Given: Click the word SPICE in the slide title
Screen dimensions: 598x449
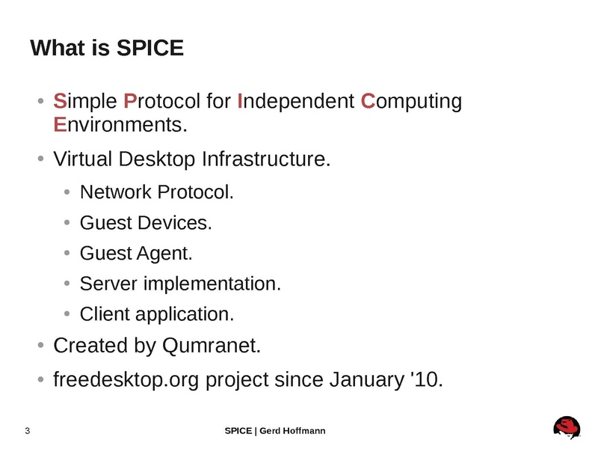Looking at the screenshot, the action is coord(150,48).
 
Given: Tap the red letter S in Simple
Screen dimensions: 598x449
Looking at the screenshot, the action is coord(60,101).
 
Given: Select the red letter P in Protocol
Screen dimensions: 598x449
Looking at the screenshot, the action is coord(129,101).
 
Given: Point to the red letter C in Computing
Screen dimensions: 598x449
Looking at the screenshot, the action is coord(368,101).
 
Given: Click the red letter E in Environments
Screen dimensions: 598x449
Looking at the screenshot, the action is coord(60,124).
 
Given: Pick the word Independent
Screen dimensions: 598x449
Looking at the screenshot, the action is coord(295,101).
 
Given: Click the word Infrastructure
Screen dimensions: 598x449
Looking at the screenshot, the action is coord(266,159).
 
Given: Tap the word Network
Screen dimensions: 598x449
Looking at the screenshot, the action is coord(116,192).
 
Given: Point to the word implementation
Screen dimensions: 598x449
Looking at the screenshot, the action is coord(212,284).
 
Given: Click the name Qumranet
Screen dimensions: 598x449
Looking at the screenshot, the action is coord(212,346).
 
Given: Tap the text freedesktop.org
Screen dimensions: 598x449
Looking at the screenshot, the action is coord(126,380).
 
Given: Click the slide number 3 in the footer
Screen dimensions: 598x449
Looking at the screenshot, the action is coord(28,431).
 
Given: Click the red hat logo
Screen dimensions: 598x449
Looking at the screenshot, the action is coord(567,427).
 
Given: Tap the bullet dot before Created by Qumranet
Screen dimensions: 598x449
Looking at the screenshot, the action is coord(41,345).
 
